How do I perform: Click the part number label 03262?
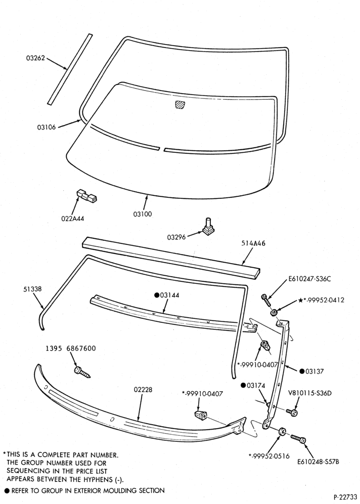(x=35, y=58)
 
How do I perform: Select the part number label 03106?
(x=46, y=128)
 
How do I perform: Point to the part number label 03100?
(x=143, y=214)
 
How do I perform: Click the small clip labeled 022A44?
(x=86, y=195)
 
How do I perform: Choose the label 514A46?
(x=253, y=243)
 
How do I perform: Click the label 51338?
(x=32, y=289)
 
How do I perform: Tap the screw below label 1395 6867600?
(x=82, y=372)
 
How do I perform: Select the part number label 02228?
(x=143, y=390)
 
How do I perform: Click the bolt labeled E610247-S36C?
(x=266, y=300)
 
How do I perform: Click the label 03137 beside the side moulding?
(x=311, y=371)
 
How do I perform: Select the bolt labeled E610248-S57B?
(x=298, y=439)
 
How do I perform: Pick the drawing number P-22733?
(x=345, y=497)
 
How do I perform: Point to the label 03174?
(x=253, y=386)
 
